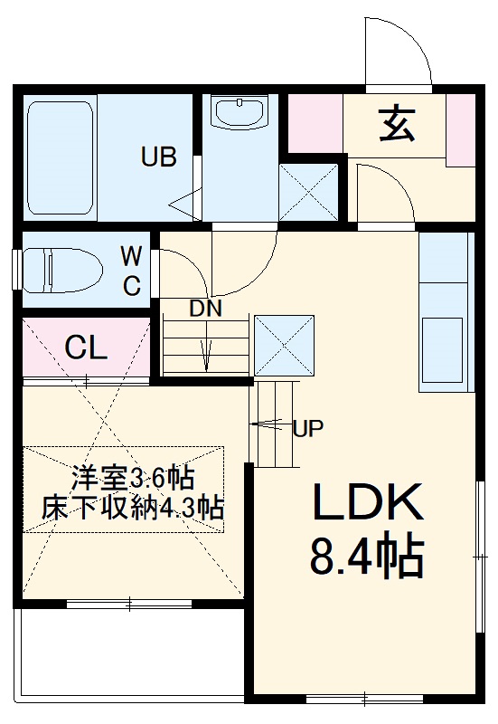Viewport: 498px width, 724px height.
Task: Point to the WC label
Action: coord(132,271)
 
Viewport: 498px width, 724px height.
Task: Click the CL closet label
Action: coord(87,346)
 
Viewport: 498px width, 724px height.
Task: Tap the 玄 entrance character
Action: coord(396,125)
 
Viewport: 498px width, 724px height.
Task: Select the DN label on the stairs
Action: coord(205,308)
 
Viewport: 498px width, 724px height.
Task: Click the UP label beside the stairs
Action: coord(308,429)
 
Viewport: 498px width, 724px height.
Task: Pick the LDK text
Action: coord(368,504)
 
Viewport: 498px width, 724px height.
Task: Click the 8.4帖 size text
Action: coord(367,558)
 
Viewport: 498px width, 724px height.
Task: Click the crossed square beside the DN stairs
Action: coord(284,344)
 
